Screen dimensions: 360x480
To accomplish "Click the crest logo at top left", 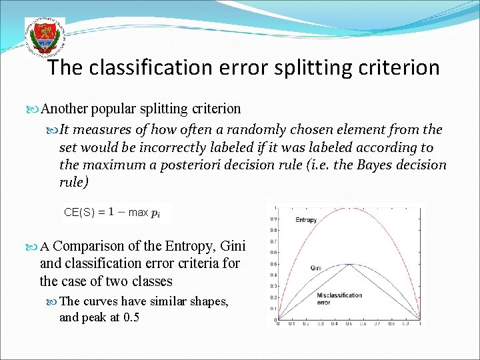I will [x=44, y=37].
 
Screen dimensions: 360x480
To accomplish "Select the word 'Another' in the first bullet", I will [x=65, y=108].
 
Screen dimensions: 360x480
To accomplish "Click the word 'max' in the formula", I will [x=138, y=213].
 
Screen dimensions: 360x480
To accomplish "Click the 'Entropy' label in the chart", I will [x=306, y=220].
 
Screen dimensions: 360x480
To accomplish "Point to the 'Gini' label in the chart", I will [x=316, y=268].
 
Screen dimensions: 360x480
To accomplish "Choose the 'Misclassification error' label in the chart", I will [x=340, y=298].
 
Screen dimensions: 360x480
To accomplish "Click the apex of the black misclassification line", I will [x=348, y=264].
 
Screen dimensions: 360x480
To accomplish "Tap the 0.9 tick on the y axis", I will [x=272, y=219].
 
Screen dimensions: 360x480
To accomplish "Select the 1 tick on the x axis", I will [x=420, y=325].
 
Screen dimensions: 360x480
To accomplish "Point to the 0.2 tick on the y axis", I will [x=272, y=297].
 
